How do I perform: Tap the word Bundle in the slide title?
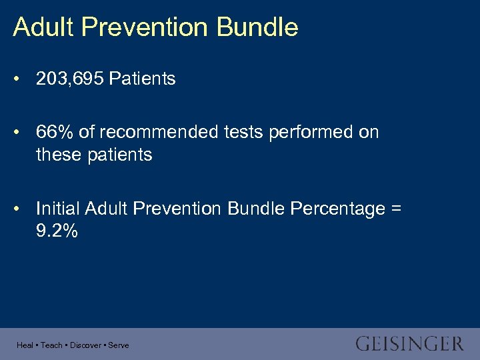pyautogui.click(x=257, y=27)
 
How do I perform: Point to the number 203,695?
pyautogui.click(x=70, y=79)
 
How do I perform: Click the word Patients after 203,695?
pyautogui.click(x=142, y=79)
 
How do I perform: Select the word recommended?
pyautogui.click(x=157, y=132)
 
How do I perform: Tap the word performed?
pyautogui.click(x=311, y=132)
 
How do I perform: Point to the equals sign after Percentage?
pyautogui.click(x=396, y=209)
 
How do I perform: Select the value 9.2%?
pyautogui.click(x=57, y=231)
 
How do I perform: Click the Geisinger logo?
pyautogui.click(x=409, y=344)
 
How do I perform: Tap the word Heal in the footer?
pyautogui.click(x=25, y=345)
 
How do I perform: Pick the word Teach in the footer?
pyautogui.click(x=51, y=345)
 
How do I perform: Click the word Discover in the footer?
pyautogui.click(x=85, y=345)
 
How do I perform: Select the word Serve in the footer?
pyautogui.click(x=119, y=345)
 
